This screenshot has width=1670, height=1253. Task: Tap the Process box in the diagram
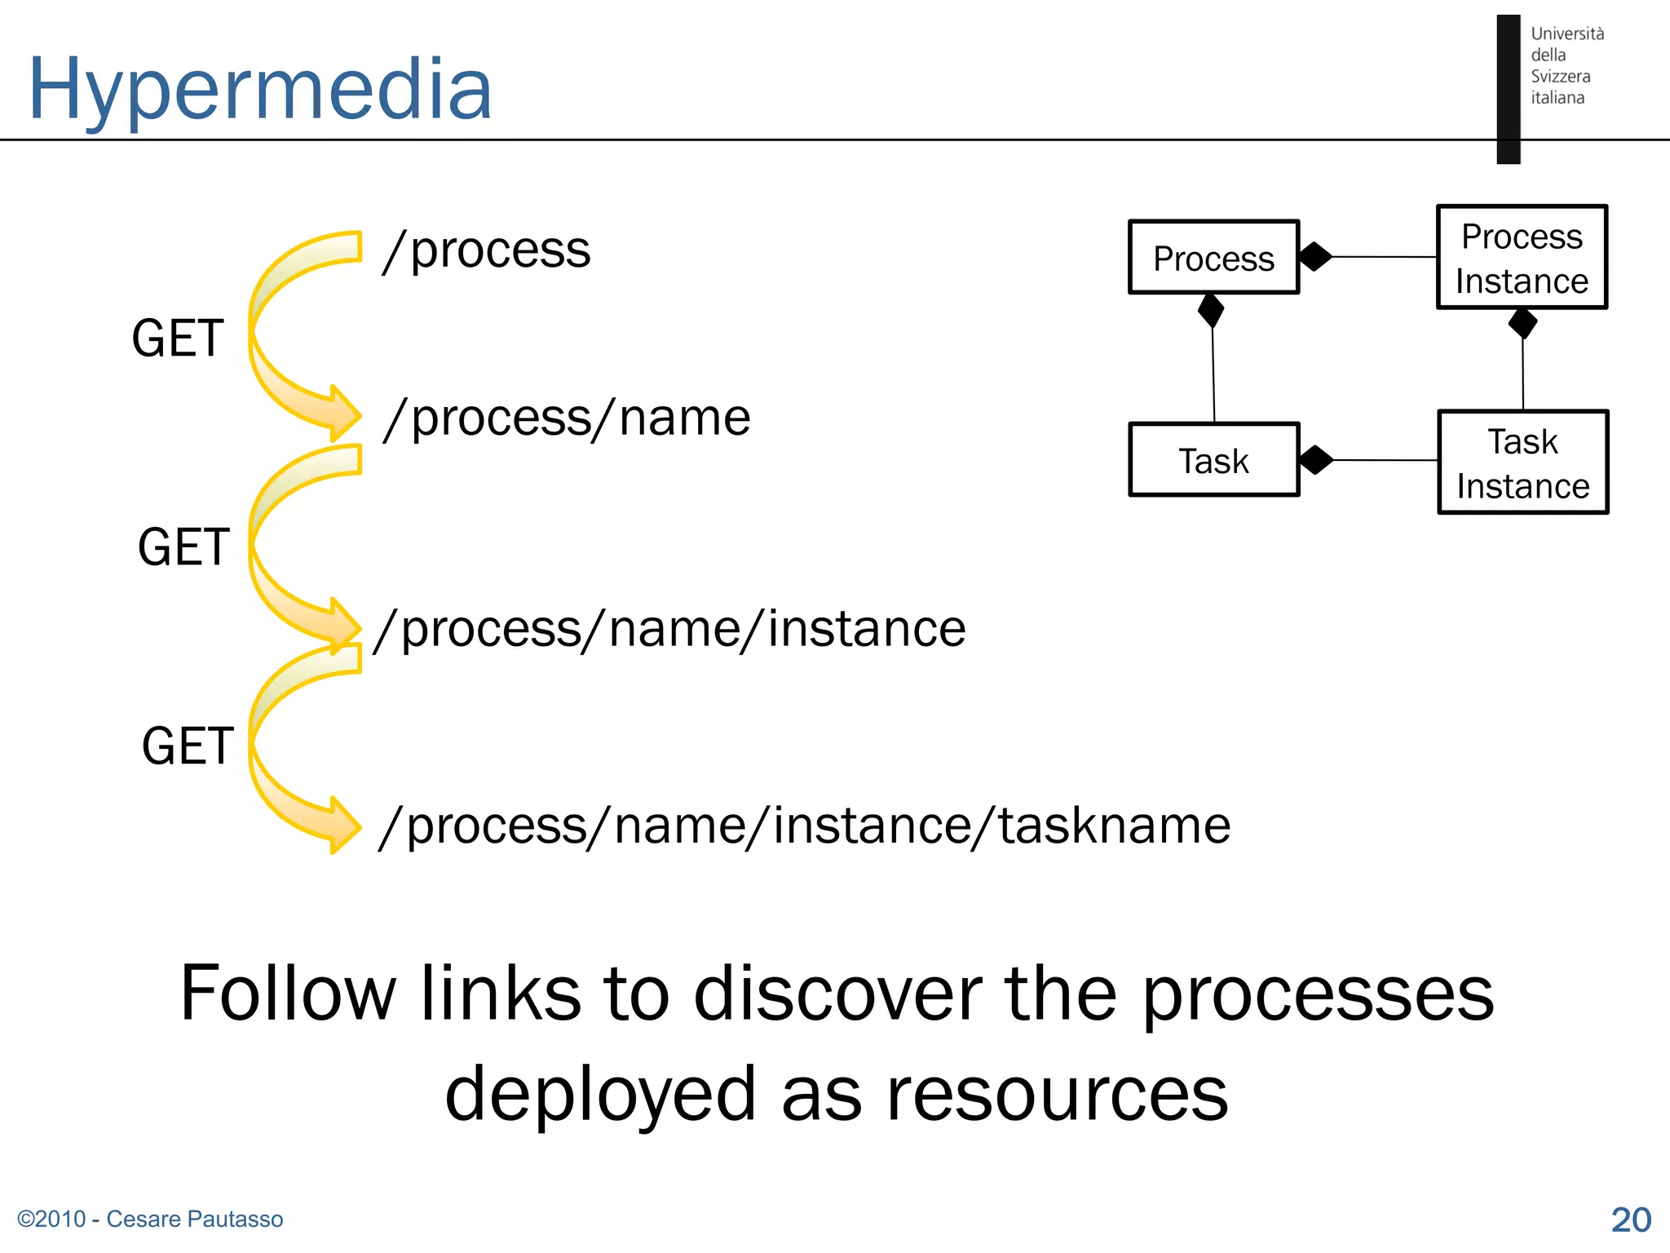(x=1213, y=258)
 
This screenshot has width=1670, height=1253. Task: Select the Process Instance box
(x=1522, y=258)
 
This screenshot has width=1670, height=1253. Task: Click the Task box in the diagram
(x=1213, y=460)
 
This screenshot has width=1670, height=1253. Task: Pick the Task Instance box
(x=1522, y=463)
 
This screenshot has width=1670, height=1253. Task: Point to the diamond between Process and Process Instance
(x=1314, y=256)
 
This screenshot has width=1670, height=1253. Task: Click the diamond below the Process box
(x=1211, y=310)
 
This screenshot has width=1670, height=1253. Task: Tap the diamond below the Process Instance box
(x=1522, y=323)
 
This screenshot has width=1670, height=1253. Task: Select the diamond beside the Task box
(x=1315, y=460)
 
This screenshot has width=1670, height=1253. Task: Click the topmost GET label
(x=178, y=338)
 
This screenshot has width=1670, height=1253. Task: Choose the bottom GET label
(x=188, y=746)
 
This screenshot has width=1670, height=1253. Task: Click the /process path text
(x=487, y=250)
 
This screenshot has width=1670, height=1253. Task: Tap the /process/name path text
(x=566, y=418)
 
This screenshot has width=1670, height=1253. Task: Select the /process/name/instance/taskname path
(x=804, y=826)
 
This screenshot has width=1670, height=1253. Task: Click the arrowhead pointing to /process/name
(x=344, y=414)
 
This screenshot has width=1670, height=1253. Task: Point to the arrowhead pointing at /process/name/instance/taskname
(x=344, y=826)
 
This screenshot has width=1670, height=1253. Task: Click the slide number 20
(x=1631, y=1220)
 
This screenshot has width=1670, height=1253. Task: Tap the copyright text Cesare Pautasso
(x=150, y=1219)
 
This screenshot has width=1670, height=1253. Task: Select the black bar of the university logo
(x=1508, y=89)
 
